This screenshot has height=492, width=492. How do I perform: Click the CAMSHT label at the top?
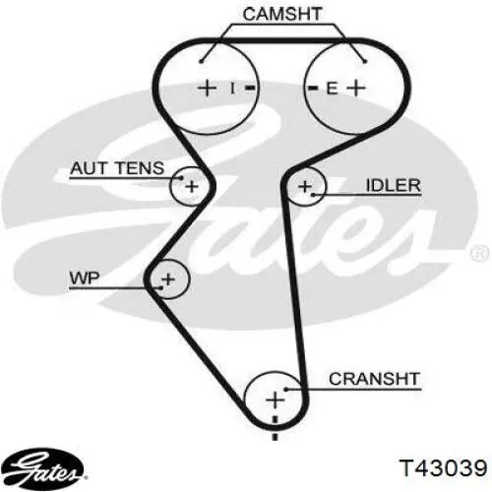pos(282,14)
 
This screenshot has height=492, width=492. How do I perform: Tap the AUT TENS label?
pos(117,168)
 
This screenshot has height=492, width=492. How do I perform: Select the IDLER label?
pos(393,186)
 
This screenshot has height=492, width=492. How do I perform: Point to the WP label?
pos(84,278)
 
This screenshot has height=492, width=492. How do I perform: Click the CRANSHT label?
pos(374,379)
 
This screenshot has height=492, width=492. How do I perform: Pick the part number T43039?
pos(443,467)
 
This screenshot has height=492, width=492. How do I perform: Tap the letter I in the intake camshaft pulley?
pos(232,89)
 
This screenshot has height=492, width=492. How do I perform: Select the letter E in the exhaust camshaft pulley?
pos(332,89)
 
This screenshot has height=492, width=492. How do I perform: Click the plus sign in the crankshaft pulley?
pos(275,400)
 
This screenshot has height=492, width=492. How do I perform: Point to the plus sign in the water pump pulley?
pos(168,279)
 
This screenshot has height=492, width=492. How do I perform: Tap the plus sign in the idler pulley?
pos(305,187)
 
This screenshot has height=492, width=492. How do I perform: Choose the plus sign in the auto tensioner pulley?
pos(192,187)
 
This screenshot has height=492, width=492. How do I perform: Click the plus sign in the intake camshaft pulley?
pos(207,88)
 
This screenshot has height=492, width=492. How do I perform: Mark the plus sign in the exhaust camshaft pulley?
pos(356,88)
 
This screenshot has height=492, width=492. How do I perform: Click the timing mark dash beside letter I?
pos(250,88)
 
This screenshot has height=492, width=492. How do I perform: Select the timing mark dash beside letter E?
pos(314,88)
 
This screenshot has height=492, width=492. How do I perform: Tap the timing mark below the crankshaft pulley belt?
pos(276,436)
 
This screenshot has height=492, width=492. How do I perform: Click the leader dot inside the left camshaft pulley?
pos(202,61)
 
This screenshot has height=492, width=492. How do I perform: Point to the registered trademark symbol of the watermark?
pos(479,254)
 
